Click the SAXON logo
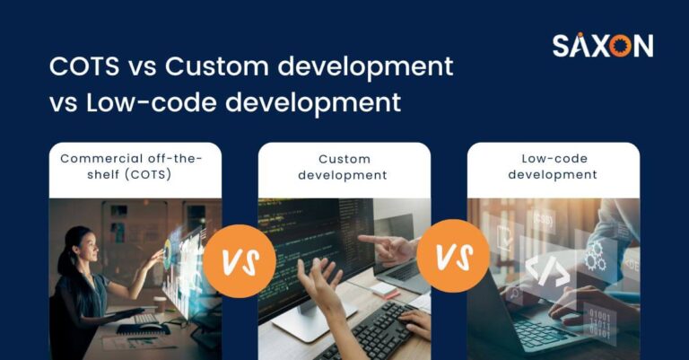click(x=602, y=46)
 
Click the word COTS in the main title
click(x=82, y=67)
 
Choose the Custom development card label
click(x=344, y=167)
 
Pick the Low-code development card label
click(x=554, y=167)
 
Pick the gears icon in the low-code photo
click(x=596, y=257)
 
